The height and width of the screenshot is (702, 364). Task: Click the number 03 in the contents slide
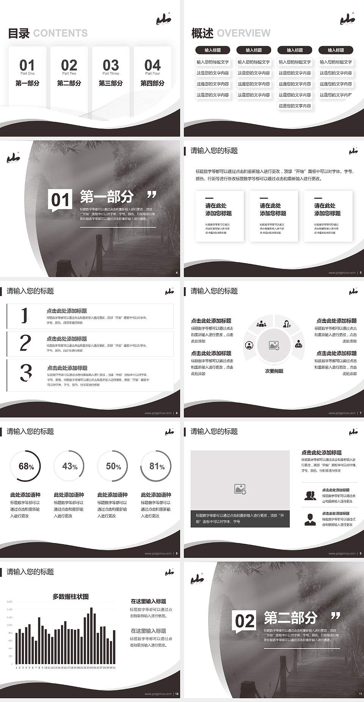point(111,65)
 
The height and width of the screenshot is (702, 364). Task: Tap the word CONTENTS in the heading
point(60,33)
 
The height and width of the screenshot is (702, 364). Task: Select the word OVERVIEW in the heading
point(244,33)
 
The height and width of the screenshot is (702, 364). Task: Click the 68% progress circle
point(26,466)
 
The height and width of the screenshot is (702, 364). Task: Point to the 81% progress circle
point(156,466)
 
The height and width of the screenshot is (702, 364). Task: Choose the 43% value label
point(70,466)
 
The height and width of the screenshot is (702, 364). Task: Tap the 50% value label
point(113,466)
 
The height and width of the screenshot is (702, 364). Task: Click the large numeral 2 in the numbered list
point(25,343)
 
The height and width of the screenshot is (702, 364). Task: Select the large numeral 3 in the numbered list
point(25,373)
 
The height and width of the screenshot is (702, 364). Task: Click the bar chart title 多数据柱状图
point(71,597)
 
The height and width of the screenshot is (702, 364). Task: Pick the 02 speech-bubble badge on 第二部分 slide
point(245,621)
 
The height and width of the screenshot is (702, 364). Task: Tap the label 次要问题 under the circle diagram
point(274,371)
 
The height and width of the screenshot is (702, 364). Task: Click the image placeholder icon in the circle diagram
point(274,345)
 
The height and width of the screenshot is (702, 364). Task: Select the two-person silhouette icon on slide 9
point(310,496)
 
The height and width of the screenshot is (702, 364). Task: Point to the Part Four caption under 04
point(152,74)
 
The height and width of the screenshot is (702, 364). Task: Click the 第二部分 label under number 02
point(69,83)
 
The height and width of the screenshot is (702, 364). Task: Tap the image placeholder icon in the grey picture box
point(240,489)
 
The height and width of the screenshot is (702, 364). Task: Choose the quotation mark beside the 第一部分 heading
point(152,195)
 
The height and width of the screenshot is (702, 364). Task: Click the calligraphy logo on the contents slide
point(164,19)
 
